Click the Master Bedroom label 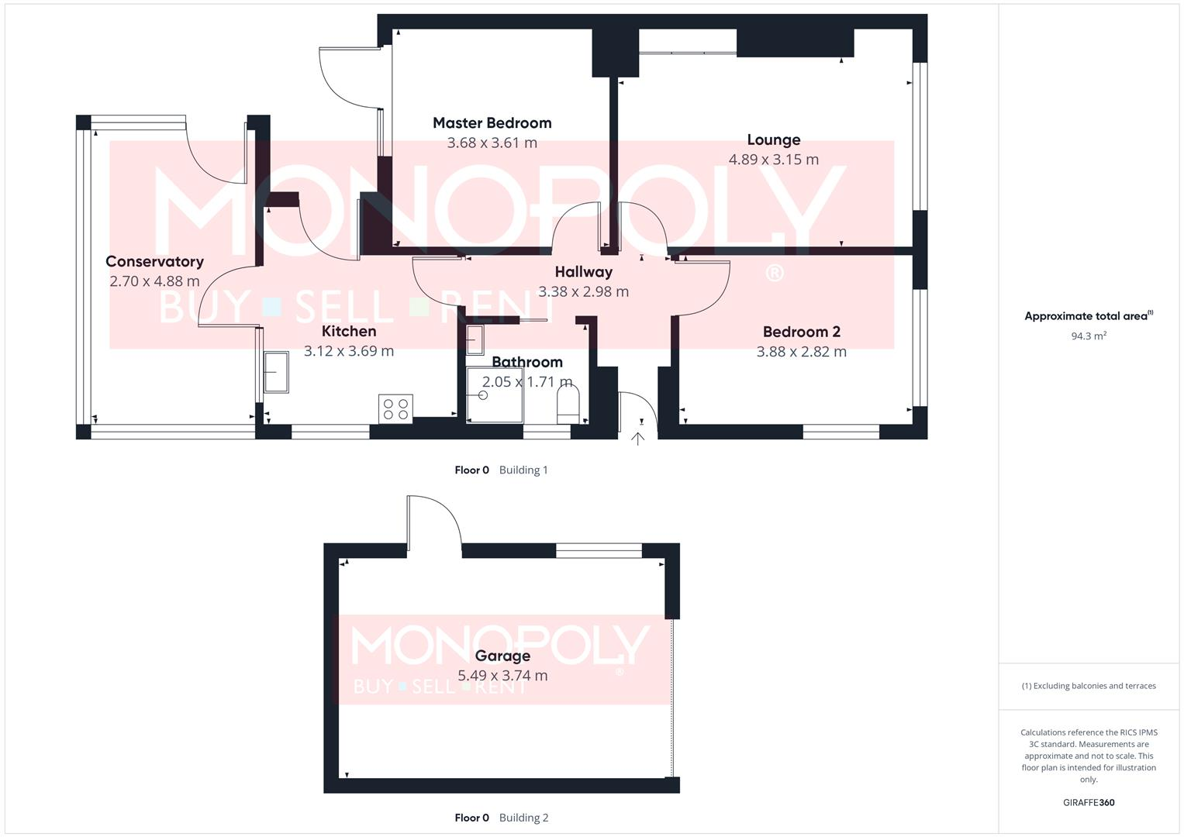pos(492,122)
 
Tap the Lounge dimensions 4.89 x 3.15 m pos(773,160)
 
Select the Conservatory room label pos(154,262)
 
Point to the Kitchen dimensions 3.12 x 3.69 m pos(348,351)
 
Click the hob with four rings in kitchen pos(395,408)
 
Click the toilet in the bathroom pos(568,406)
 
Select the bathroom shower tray pos(495,395)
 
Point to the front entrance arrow pos(637,439)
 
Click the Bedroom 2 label pos(801,332)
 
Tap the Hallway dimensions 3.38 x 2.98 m pos(583,292)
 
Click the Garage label pos(502,656)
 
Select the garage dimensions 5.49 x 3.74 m pos(502,676)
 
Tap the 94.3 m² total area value pos(1088,336)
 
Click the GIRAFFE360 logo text pos(1088,803)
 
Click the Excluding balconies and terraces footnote pos(1088,686)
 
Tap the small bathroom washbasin pos(475,339)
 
